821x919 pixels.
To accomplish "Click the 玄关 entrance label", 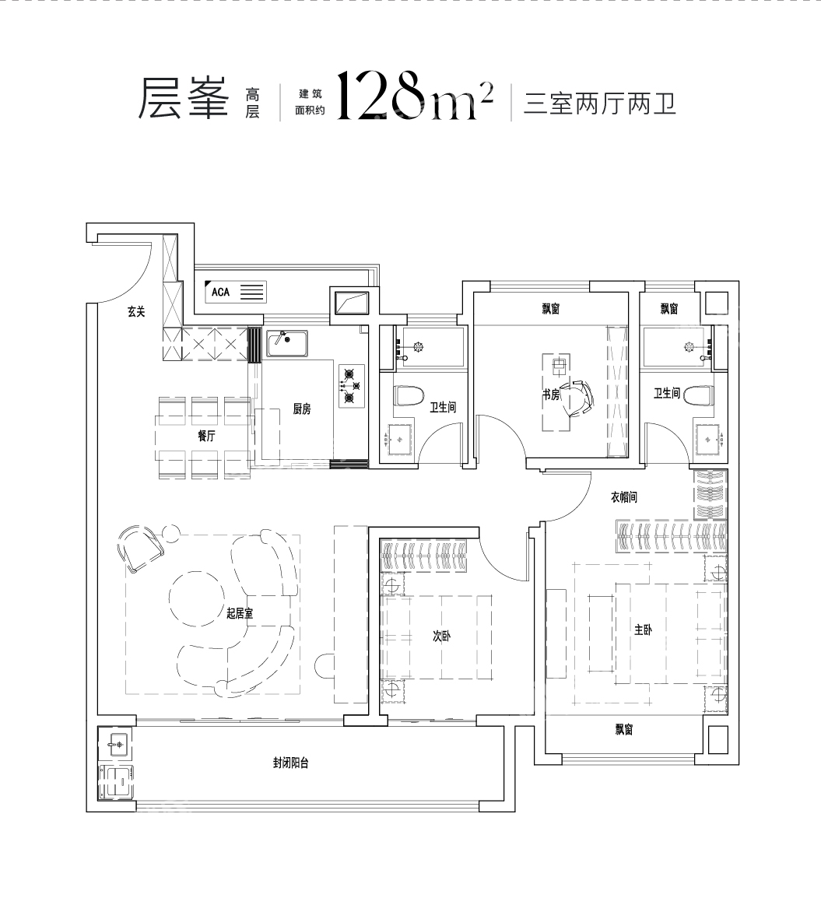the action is coord(136,312).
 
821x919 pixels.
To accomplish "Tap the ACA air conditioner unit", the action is coord(236,292).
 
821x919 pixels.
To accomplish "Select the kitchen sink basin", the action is coord(287,343).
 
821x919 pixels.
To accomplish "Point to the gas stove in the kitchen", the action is coord(351,386).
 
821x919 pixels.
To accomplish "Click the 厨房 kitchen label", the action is coord(302,409).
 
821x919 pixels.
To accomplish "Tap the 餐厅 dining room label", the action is coord(206,436).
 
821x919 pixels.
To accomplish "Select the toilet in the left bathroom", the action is coord(409,395).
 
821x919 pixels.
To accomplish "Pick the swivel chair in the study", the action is coord(577,398).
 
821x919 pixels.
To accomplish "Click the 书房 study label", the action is coord(551,395).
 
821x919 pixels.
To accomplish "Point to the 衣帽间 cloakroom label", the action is coord(623,497).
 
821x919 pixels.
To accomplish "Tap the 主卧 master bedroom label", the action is coord(643,630).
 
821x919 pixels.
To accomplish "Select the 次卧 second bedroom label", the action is coord(441,636).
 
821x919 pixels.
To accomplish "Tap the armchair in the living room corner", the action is coord(139,547).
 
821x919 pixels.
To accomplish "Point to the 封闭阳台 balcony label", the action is coord(291,763).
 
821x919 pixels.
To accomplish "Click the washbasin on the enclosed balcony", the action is coord(115,744).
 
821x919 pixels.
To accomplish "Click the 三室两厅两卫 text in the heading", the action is coord(599,103).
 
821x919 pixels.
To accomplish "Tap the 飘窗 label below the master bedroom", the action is coord(623,729).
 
